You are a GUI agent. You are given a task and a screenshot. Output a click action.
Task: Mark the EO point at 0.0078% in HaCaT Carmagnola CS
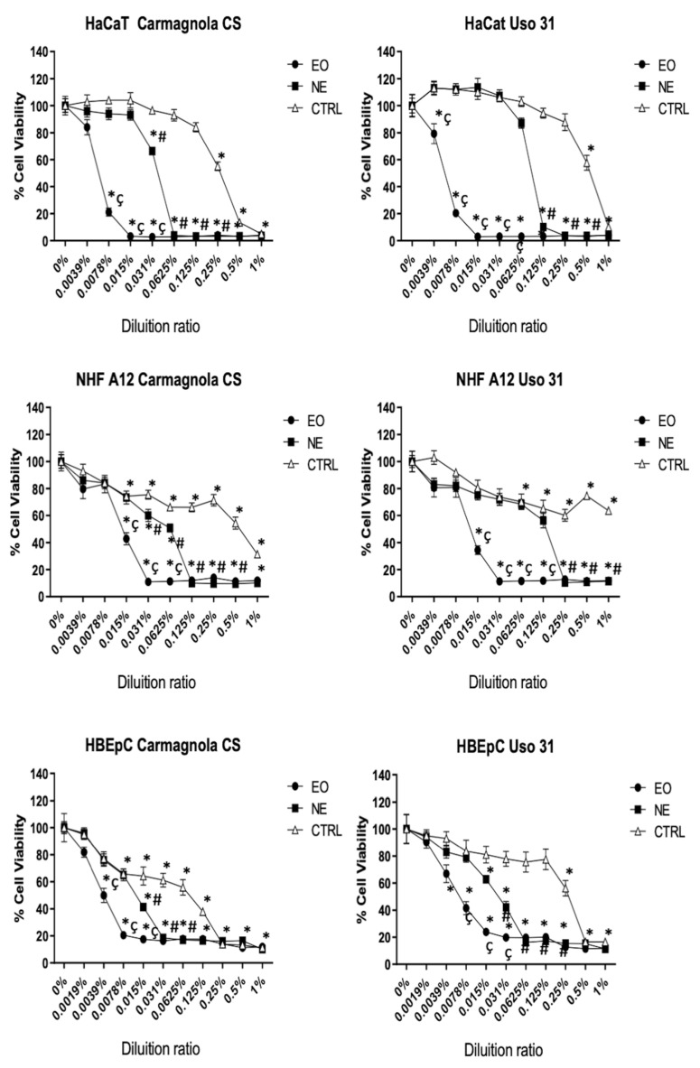coord(109,212)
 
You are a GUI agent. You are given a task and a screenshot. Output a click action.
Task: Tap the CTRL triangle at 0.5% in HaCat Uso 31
coord(587,163)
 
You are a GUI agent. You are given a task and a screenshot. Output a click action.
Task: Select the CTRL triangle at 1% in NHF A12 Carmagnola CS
coord(258,554)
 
